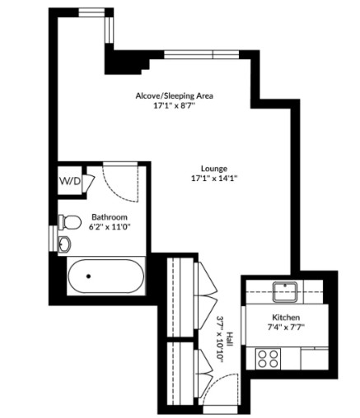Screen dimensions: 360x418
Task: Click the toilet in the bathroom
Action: point(70,222)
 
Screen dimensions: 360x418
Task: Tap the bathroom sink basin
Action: point(65,244)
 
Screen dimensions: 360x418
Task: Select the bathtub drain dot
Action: point(88,276)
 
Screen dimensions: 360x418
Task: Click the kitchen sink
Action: point(285,291)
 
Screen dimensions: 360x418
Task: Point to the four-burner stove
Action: point(268,359)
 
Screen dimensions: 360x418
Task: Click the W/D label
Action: point(70,181)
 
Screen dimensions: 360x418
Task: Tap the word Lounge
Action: point(214,169)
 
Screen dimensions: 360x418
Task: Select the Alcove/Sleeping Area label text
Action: point(175,96)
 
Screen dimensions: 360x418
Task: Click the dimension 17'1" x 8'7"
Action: point(174,106)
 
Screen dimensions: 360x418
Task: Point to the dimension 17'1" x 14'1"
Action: point(214,179)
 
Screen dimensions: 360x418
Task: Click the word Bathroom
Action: point(110,217)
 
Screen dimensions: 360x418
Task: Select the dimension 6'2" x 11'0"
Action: point(110,227)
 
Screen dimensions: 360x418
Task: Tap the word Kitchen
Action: point(286,318)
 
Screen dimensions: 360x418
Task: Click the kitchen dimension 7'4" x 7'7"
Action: point(286,327)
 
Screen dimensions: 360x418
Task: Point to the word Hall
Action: point(229,339)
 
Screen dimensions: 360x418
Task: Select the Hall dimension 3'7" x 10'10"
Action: point(220,339)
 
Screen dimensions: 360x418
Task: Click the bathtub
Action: point(106,276)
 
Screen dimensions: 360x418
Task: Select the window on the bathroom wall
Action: point(54,238)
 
